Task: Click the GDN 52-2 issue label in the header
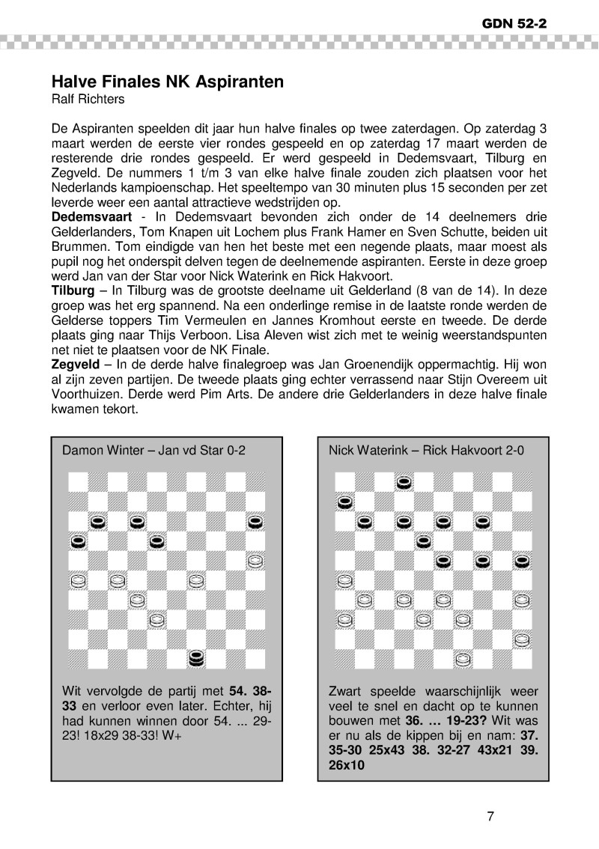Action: (x=514, y=23)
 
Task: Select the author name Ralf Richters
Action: (x=87, y=98)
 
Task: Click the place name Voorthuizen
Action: (x=84, y=395)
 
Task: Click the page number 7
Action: (x=490, y=816)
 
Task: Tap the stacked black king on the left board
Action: (x=196, y=659)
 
